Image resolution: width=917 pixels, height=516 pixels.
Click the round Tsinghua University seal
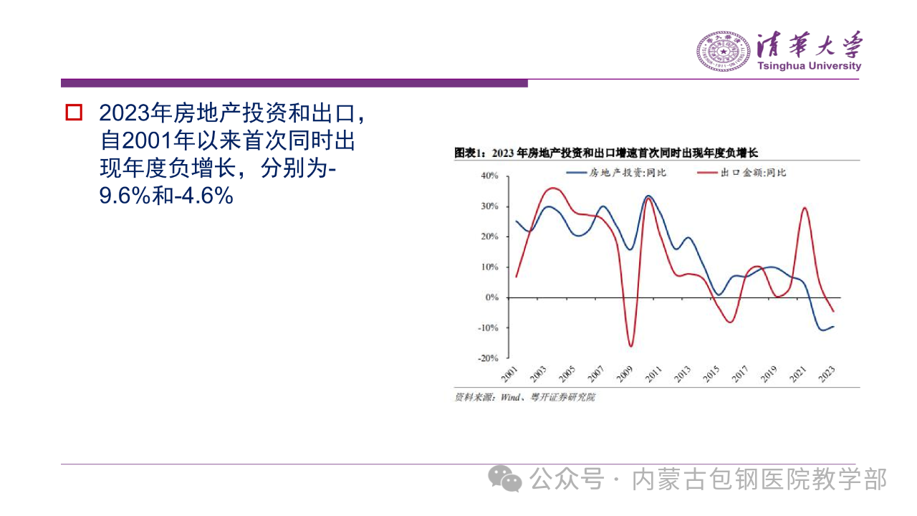coord(724,51)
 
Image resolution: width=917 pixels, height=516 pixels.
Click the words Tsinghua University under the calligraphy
coord(810,66)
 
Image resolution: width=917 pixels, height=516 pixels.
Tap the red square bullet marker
coord(74,113)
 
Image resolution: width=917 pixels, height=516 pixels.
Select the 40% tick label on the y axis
coord(489,176)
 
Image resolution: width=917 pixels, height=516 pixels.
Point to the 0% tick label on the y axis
coord(492,297)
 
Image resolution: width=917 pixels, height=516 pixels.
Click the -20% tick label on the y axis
coord(488,358)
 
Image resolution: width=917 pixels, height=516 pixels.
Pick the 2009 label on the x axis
coord(625,374)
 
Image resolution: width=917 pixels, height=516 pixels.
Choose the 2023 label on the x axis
coord(827,374)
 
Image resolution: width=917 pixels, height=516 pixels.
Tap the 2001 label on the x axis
coord(509,374)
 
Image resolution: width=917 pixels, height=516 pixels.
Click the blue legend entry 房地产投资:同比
coord(617,173)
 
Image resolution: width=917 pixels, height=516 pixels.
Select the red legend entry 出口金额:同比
coord(741,173)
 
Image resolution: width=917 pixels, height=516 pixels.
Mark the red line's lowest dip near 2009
coord(631,346)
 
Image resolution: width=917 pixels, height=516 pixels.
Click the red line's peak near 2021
coord(805,208)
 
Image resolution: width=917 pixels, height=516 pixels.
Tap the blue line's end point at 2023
coord(833,326)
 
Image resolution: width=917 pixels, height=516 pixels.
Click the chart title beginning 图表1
coord(606,153)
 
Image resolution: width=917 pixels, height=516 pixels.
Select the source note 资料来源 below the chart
coord(525,397)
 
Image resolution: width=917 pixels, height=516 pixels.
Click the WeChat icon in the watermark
coord(505,479)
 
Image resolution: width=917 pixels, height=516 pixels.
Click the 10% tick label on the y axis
coord(489,267)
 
